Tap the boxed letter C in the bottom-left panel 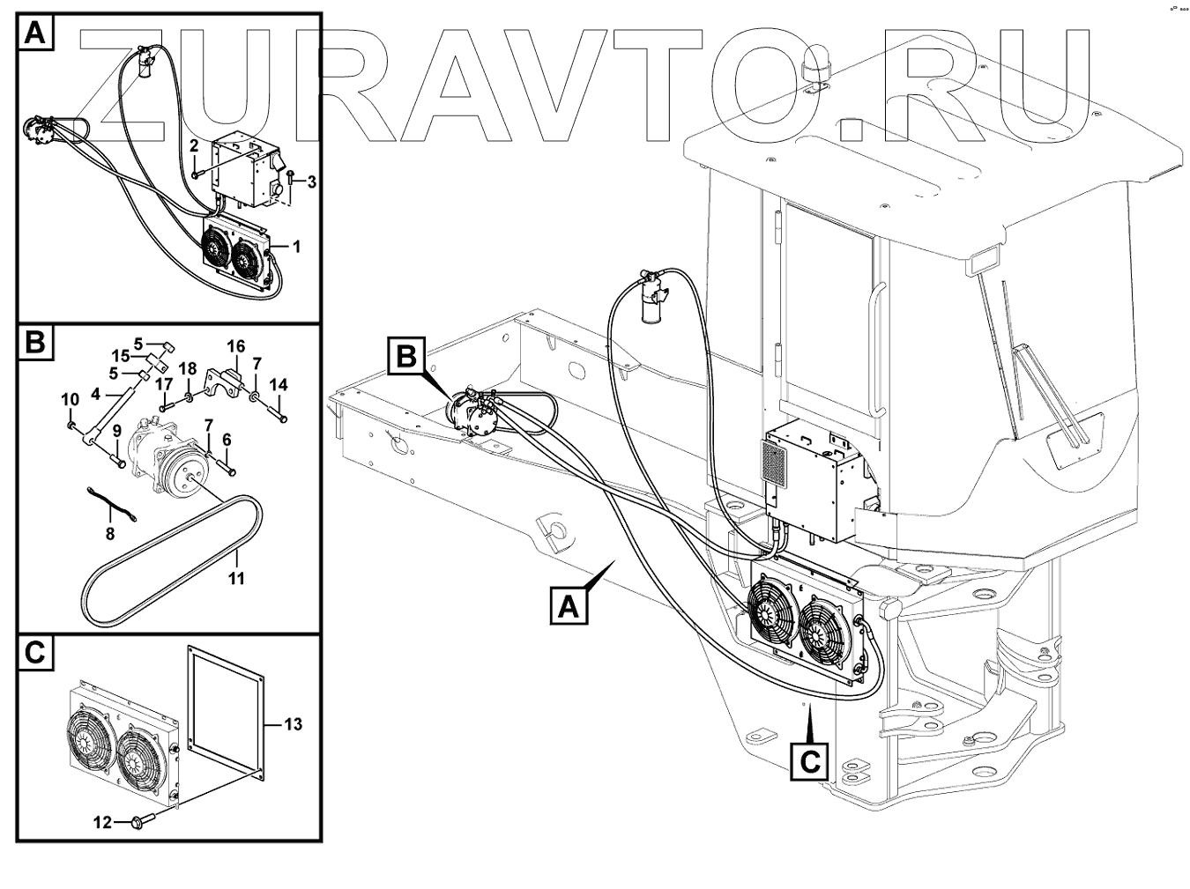[x=34, y=653]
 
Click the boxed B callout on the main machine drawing [x=406, y=356]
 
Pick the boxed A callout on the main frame [x=569, y=606]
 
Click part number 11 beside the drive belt [x=236, y=579]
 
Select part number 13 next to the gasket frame [x=293, y=724]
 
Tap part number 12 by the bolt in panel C [x=102, y=822]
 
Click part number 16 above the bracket [x=236, y=345]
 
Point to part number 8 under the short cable [x=110, y=533]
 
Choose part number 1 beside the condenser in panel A [x=296, y=247]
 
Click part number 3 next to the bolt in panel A [x=311, y=182]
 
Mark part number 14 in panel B [x=279, y=385]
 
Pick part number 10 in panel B [x=70, y=401]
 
